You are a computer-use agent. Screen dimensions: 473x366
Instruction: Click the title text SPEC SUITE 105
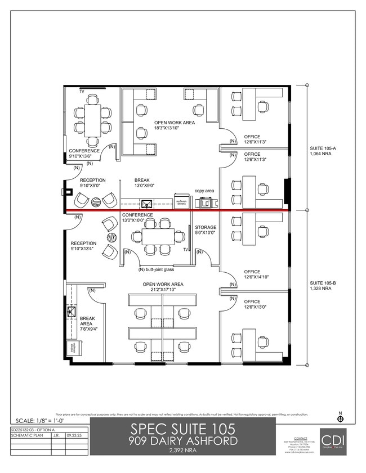(x=182, y=429)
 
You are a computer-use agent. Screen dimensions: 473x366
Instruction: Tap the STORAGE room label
(x=206, y=228)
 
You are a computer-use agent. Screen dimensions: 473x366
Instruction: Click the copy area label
(x=204, y=191)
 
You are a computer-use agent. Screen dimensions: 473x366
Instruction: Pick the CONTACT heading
(x=301, y=438)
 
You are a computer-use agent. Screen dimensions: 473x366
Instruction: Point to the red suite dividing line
(x=177, y=211)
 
